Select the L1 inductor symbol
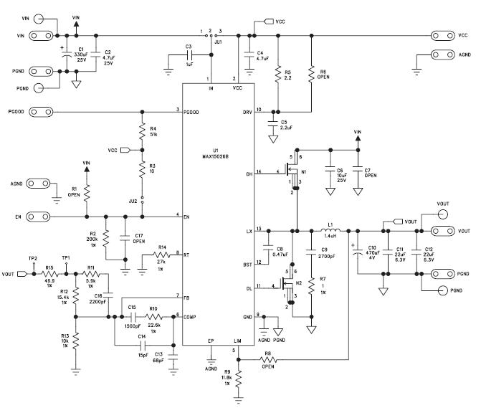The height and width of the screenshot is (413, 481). (x=331, y=231)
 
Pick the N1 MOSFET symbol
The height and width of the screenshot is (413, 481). (x=290, y=172)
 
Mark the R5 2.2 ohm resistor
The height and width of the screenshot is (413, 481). (x=276, y=74)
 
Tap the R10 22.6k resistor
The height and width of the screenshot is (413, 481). (x=153, y=316)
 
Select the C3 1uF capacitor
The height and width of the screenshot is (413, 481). (x=188, y=54)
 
